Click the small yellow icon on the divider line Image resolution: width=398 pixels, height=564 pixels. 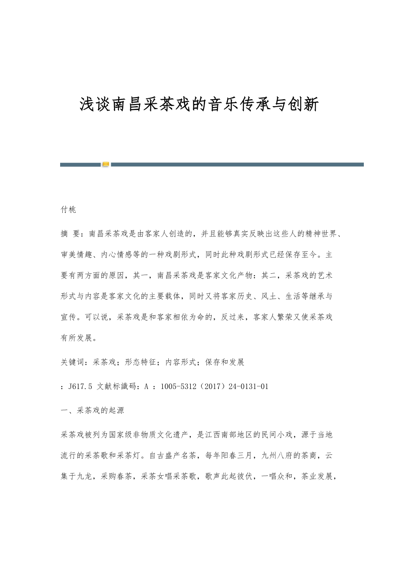106,165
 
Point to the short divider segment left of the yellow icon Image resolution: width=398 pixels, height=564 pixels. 80,165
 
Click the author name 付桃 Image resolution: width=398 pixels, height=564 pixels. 68,210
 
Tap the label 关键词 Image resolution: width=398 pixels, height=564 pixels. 73,363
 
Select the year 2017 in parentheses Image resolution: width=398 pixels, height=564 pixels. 210,386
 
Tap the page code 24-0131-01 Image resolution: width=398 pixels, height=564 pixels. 247,386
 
